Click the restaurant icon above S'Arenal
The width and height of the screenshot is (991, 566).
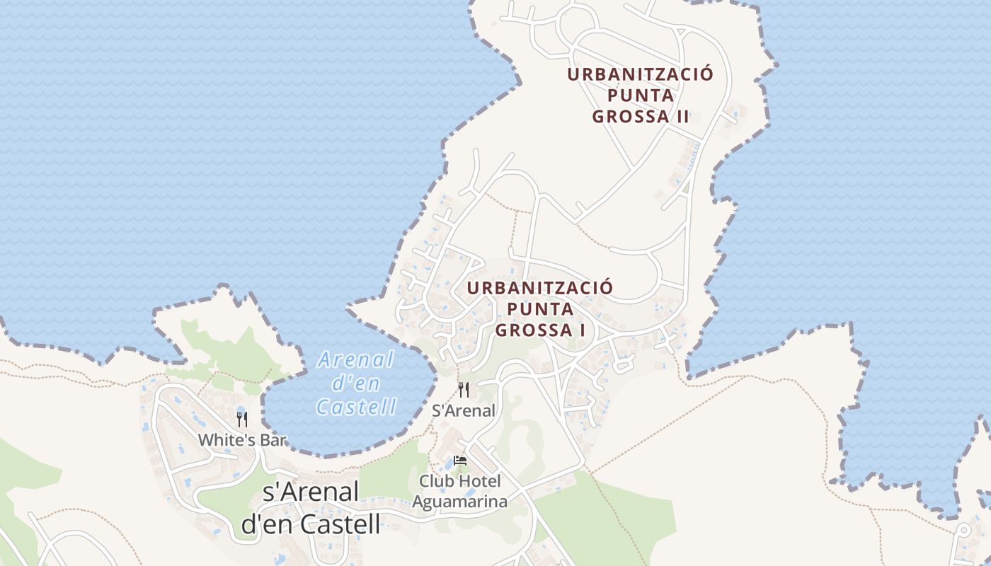click(464, 389)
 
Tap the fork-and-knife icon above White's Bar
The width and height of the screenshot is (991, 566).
click(242, 419)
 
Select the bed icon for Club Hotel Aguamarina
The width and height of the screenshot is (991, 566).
click(460, 461)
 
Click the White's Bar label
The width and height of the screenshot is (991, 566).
click(242, 440)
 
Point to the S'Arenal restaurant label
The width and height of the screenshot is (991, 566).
click(464, 410)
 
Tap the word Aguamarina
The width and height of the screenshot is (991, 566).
click(460, 502)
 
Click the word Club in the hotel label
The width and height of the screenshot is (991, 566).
click(435, 482)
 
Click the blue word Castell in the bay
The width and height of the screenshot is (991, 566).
click(356, 407)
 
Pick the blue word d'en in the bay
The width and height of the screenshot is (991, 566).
click(356, 383)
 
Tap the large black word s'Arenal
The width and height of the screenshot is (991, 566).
click(311, 492)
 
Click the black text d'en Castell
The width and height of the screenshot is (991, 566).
click(311, 524)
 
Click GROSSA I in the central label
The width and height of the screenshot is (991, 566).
click(540, 330)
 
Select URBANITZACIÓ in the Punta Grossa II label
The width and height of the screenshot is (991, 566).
click(641, 74)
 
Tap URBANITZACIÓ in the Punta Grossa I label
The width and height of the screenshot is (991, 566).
click(540, 288)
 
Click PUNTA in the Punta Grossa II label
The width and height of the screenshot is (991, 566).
click(641, 96)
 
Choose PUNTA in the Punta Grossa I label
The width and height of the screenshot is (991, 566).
click(540, 309)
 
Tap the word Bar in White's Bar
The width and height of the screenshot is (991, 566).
click(272, 440)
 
